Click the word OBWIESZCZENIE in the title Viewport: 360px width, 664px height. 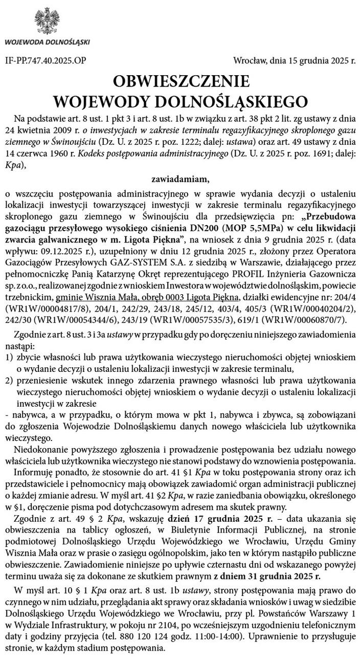point(182,81)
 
